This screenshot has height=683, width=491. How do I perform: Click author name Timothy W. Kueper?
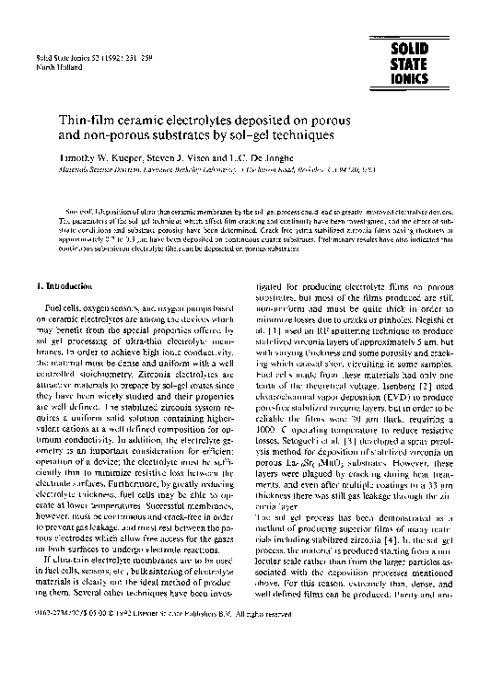93,159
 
